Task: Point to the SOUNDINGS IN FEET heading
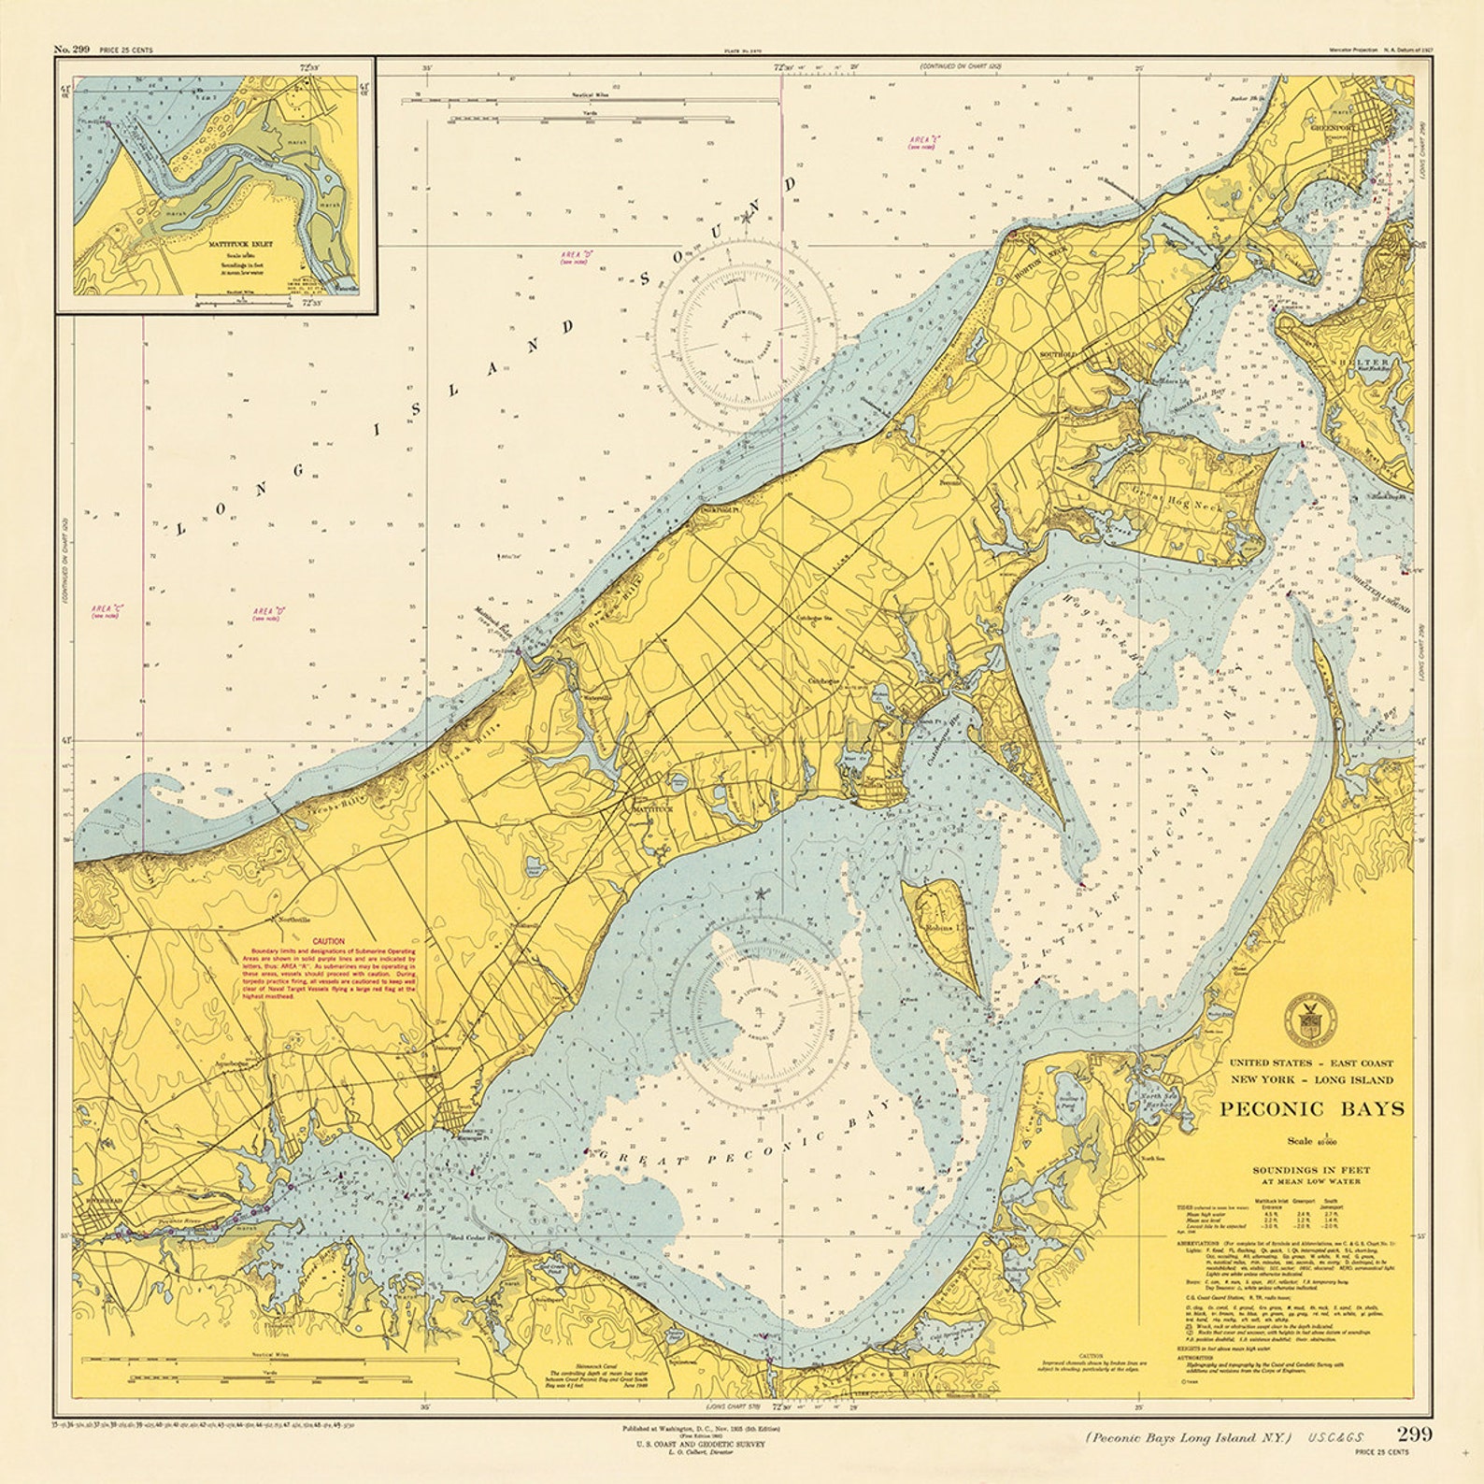pos(1310,1169)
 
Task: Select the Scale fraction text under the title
pos(1311,1141)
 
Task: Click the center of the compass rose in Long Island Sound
pos(745,335)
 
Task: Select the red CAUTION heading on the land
pos(328,941)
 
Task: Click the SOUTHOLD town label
pos(1059,355)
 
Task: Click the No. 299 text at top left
pos(72,49)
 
